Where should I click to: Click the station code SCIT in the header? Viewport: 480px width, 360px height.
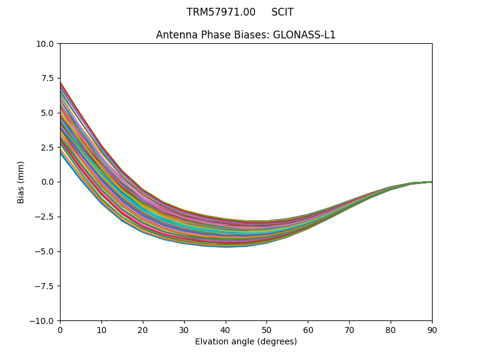282,12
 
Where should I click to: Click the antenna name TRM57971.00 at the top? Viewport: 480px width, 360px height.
221,12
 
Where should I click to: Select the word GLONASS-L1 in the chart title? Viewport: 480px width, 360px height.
304,35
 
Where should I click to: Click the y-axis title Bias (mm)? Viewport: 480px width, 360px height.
21,182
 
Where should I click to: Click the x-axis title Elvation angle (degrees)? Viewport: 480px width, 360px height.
246,341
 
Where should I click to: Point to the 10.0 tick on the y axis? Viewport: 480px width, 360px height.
46,44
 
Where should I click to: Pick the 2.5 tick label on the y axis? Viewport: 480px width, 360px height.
47,148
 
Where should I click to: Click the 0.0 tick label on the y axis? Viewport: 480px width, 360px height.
47,182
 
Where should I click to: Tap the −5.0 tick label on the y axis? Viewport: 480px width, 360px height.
45,251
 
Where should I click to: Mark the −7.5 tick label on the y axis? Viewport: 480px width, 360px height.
45,286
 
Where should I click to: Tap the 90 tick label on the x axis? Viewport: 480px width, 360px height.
432,329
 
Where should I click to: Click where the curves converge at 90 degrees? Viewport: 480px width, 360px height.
431,182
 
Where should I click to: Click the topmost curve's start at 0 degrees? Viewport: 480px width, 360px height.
61,82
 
